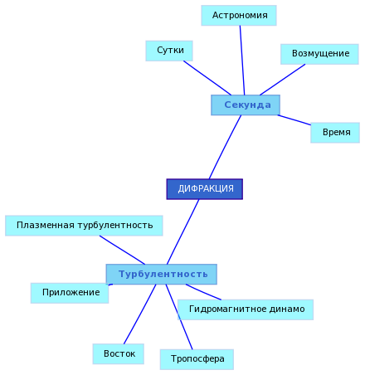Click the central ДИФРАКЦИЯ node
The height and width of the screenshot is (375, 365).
205,189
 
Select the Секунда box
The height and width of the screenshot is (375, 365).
246,105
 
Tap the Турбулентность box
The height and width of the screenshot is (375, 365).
162,274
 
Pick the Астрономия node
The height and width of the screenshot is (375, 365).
239,16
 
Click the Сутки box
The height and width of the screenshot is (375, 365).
169,51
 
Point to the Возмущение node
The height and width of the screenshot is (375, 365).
319,54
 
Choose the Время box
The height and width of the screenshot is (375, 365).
335,133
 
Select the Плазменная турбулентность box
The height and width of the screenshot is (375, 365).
84,226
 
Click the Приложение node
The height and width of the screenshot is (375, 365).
70,293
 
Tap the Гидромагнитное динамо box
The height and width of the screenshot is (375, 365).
246,309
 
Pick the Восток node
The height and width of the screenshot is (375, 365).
119,354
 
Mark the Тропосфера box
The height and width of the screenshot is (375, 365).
197,359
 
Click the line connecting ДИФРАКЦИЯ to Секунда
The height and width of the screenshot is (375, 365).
225,147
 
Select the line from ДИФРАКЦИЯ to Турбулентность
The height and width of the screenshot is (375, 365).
183,231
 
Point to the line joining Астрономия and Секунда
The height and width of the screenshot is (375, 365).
242,61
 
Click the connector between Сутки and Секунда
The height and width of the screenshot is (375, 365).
207,78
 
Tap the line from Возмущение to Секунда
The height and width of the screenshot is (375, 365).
283,80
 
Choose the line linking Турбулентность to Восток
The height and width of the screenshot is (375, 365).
140,314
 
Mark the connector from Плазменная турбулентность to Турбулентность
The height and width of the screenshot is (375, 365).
122,250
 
